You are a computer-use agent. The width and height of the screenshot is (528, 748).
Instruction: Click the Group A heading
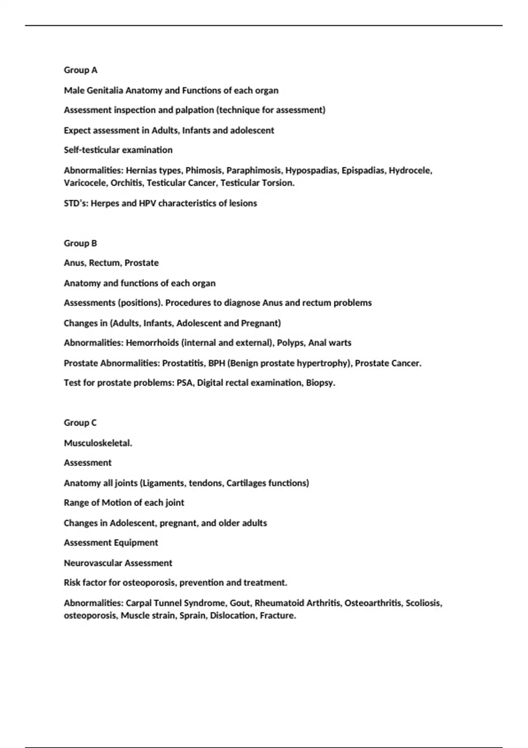coord(81,70)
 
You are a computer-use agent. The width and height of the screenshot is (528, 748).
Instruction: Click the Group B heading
coord(81,243)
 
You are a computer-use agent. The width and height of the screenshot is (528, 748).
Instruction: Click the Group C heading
coord(80,423)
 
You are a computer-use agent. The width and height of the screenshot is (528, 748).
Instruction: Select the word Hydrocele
coord(410,171)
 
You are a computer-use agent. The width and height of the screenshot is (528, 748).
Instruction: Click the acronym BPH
coord(216,363)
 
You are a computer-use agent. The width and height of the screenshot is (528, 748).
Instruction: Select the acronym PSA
coord(184,383)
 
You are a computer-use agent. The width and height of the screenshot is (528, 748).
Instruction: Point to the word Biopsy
coord(320,383)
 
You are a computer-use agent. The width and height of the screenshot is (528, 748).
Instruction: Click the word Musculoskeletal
coord(98,443)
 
